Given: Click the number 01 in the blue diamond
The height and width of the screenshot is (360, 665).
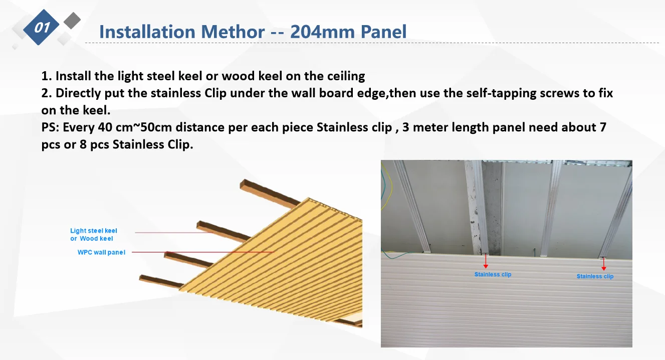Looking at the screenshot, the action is point(42,28).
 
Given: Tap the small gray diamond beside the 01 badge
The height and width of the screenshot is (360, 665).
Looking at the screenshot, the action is point(72,21).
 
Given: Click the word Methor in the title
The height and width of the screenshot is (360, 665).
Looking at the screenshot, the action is point(233,32).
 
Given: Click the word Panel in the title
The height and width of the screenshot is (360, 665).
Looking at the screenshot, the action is point(383,32).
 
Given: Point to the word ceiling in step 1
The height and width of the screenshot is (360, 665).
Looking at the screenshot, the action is point(346,76).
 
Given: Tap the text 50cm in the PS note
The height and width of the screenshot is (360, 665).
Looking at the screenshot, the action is point(156,127).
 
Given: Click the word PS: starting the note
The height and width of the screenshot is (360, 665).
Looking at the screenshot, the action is point(50,127).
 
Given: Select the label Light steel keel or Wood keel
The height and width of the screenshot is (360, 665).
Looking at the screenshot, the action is point(94,234).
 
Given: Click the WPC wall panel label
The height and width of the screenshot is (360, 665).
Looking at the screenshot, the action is point(101,252).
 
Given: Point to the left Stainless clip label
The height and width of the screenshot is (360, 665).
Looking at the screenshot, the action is point(493,274).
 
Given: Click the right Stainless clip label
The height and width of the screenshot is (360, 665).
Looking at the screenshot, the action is point(595,276).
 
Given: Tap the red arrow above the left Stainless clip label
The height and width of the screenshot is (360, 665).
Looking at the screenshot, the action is point(486,261).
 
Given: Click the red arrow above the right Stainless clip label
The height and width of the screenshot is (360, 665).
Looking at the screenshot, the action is point(603,264).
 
